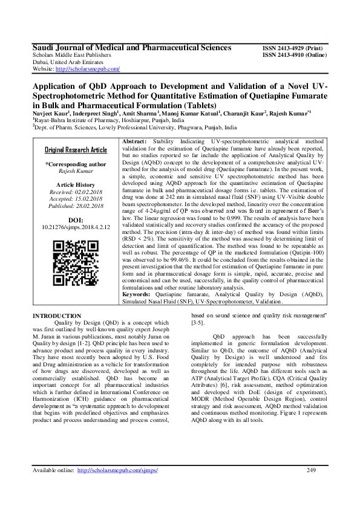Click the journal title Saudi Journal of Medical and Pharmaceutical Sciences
click(131, 48)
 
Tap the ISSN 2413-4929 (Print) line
click(292, 48)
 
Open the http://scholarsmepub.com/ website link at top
click(90, 70)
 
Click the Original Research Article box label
click(76, 150)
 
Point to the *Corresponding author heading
click(76, 164)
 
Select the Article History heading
click(76, 184)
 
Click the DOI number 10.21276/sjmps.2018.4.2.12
click(76, 228)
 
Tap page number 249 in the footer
click(312, 470)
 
